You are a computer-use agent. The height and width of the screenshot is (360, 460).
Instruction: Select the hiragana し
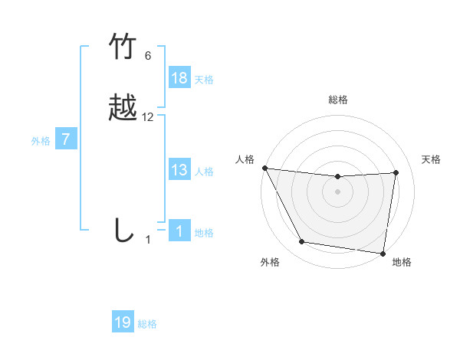pos(123,230)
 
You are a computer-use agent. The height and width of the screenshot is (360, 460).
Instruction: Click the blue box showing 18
pos(179,78)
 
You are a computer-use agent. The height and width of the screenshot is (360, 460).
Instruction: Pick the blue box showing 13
pos(179,170)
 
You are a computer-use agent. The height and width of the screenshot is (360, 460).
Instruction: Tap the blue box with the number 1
pos(179,231)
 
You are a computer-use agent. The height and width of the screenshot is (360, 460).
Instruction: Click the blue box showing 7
pos(67,139)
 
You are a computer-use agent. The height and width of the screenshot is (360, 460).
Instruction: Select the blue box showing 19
pos(123,322)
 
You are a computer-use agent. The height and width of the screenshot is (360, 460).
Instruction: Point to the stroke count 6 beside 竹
pos(148,56)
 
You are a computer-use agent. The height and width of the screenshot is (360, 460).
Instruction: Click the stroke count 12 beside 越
pos(148,117)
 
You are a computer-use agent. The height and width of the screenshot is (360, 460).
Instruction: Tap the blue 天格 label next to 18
pos(204,80)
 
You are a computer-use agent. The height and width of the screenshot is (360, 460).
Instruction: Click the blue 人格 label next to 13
pos(204,172)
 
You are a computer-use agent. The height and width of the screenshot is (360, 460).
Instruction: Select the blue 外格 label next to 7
pos(41,141)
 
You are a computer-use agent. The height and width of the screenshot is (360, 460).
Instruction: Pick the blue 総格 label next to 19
pos(147,324)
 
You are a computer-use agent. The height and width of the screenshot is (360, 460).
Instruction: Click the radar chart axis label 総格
pos(338,100)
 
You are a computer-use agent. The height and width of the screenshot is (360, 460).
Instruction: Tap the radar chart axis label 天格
pos(432,159)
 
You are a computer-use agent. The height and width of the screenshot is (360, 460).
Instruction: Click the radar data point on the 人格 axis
pos(264,168)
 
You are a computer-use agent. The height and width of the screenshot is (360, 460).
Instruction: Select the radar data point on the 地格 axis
pos(383,253)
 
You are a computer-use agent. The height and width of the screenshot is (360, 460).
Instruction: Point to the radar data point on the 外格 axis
pos(301,243)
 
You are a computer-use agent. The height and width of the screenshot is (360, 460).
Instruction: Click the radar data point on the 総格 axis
pos(338,177)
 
